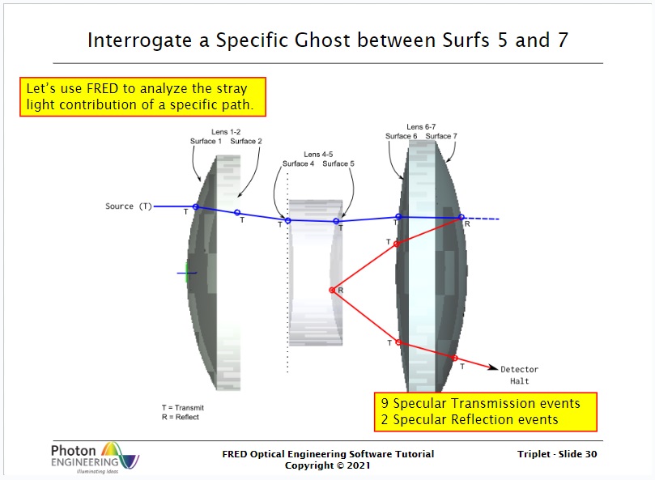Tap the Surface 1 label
206,141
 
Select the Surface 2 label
246,141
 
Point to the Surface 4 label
298,164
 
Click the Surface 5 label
338,164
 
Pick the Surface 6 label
401,136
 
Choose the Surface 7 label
441,136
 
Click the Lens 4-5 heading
318,154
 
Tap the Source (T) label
129,206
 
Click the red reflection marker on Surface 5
332,290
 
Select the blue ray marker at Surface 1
195,206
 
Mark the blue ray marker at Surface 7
461,217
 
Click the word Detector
519,369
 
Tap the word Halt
519,381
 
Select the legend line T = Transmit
183,408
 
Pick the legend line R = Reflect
181,417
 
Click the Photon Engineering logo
95,457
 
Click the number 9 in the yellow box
385,403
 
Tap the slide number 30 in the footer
591,454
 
